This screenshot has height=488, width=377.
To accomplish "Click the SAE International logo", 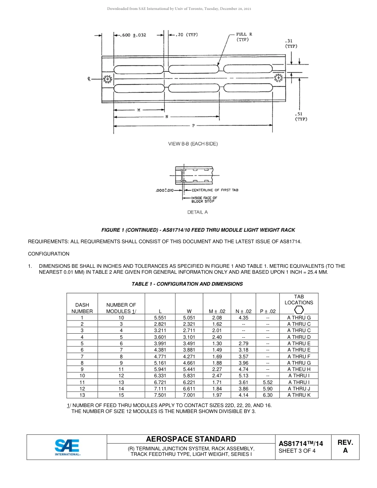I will pyautogui.click(x=67, y=447).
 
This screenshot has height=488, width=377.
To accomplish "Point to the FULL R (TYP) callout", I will pyautogui.click(x=244, y=37).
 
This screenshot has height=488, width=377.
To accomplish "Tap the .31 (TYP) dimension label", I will pyautogui.click(x=291, y=43).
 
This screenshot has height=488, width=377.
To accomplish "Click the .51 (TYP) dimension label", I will pyautogui.click(x=301, y=116).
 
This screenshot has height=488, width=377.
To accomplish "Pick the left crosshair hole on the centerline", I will pyautogui.click(x=108, y=79).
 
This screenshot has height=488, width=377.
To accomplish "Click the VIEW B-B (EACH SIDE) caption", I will pyautogui.click(x=193, y=144).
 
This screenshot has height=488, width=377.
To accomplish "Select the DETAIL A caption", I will pyautogui.click(x=197, y=212).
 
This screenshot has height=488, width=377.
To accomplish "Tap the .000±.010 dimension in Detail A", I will pyautogui.click(x=164, y=190).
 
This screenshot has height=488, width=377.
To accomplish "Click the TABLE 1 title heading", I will pyautogui.click(x=187, y=284).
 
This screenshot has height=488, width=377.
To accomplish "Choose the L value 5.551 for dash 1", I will pyautogui.click(x=160, y=318).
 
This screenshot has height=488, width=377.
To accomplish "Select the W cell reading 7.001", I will pyautogui.click(x=189, y=395).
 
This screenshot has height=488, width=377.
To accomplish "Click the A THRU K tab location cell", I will pyautogui.click(x=299, y=395).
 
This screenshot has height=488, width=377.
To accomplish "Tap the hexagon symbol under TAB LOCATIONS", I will pyautogui.click(x=299, y=310).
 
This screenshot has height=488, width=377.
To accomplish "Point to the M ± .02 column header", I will pyautogui.click(x=217, y=311).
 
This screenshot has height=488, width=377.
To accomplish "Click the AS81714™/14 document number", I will pyautogui.click(x=301, y=444).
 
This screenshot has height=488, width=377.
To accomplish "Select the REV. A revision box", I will pyautogui.click(x=345, y=446).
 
